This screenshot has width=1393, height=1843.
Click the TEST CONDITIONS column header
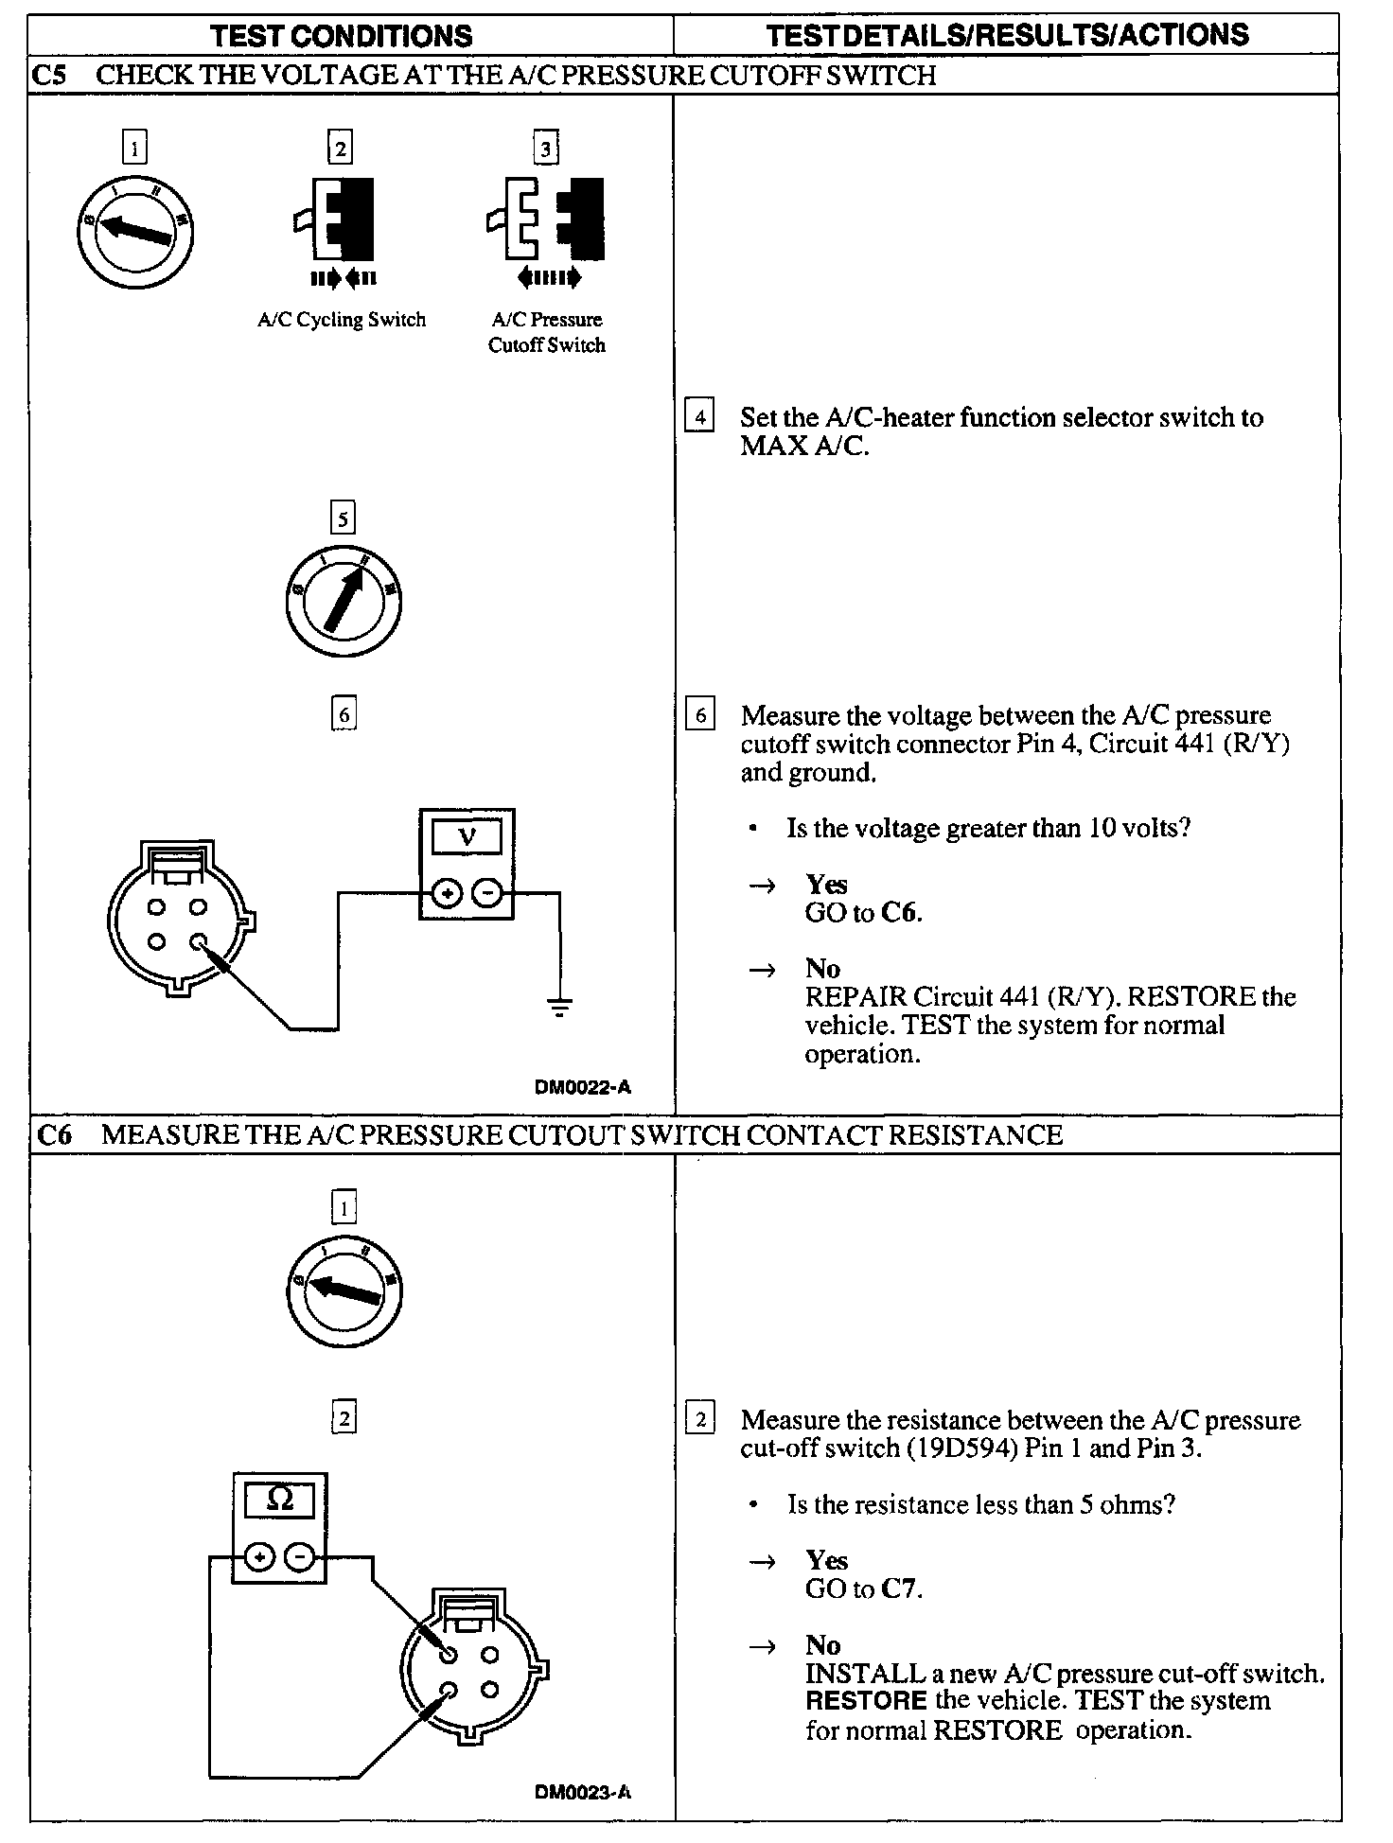click(x=342, y=36)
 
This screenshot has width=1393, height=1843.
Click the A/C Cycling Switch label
click(x=342, y=320)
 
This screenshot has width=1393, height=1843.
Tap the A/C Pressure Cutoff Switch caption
click(x=547, y=332)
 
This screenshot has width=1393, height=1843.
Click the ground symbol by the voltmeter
click(x=560, y=1007)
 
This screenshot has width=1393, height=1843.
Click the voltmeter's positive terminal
click(x=448, y=893)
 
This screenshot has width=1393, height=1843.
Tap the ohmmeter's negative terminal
click(x=299, y=1556)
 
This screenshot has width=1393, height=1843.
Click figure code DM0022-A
click(x=583, y=1087)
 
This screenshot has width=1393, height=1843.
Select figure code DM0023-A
click(x=583, y=1792)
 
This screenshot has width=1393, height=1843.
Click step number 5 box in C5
click(x=343, y=518)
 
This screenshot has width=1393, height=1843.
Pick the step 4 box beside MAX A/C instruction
click(x=699, y=417)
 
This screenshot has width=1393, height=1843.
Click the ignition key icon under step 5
click(x=344, y=600)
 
